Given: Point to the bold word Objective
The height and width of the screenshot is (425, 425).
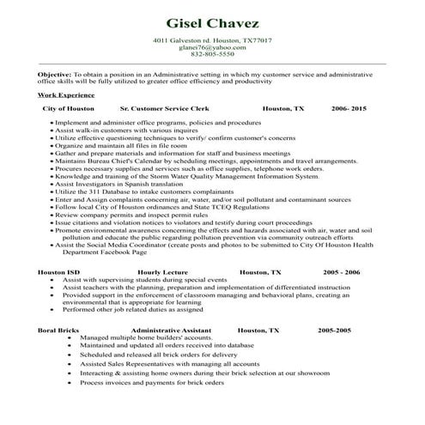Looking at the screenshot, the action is point(53,75).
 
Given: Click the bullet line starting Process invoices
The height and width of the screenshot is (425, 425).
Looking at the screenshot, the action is point(152,381).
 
